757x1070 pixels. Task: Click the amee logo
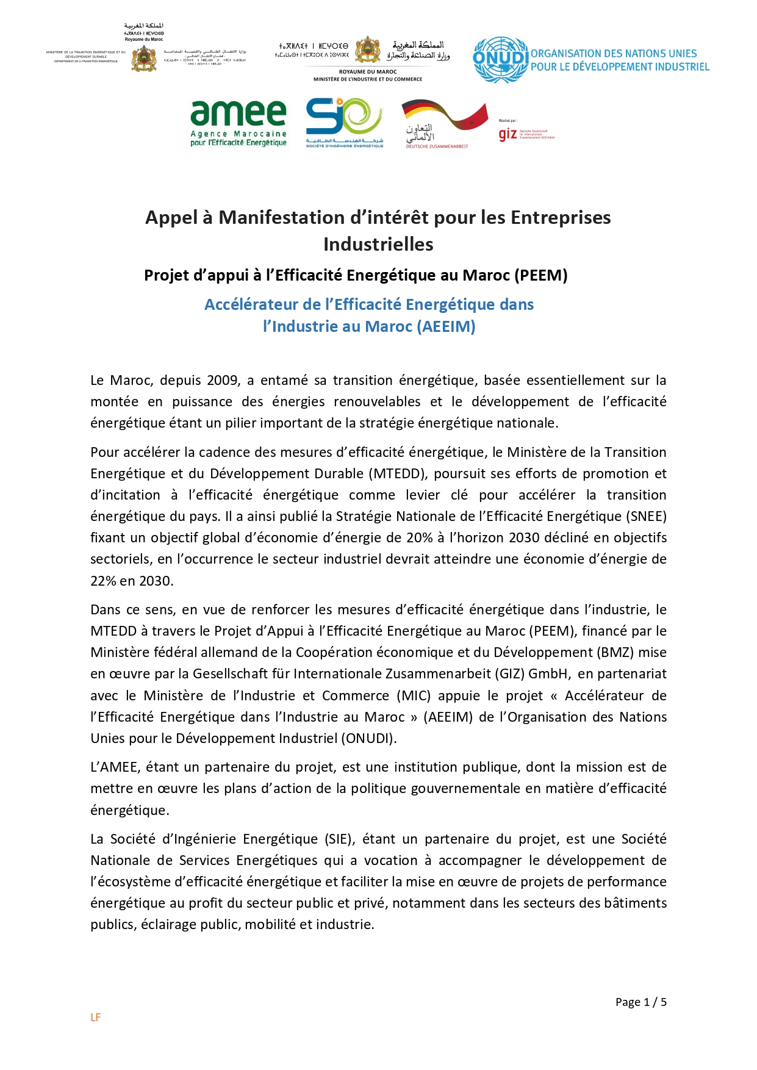pos(238,124)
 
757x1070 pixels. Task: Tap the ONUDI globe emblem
pos(500,59)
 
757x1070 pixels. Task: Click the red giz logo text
pos(508,134)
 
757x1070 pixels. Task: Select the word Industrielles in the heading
pos(378,244)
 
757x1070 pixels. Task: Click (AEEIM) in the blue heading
pos(446,326)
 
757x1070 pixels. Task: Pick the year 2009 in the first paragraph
pos(223,380)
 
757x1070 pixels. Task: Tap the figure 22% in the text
pos(103,581)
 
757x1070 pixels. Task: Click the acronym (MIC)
pos(414,695)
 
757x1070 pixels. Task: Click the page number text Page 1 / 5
pos(640,1002)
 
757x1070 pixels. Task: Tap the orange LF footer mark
pos(95,1017)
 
